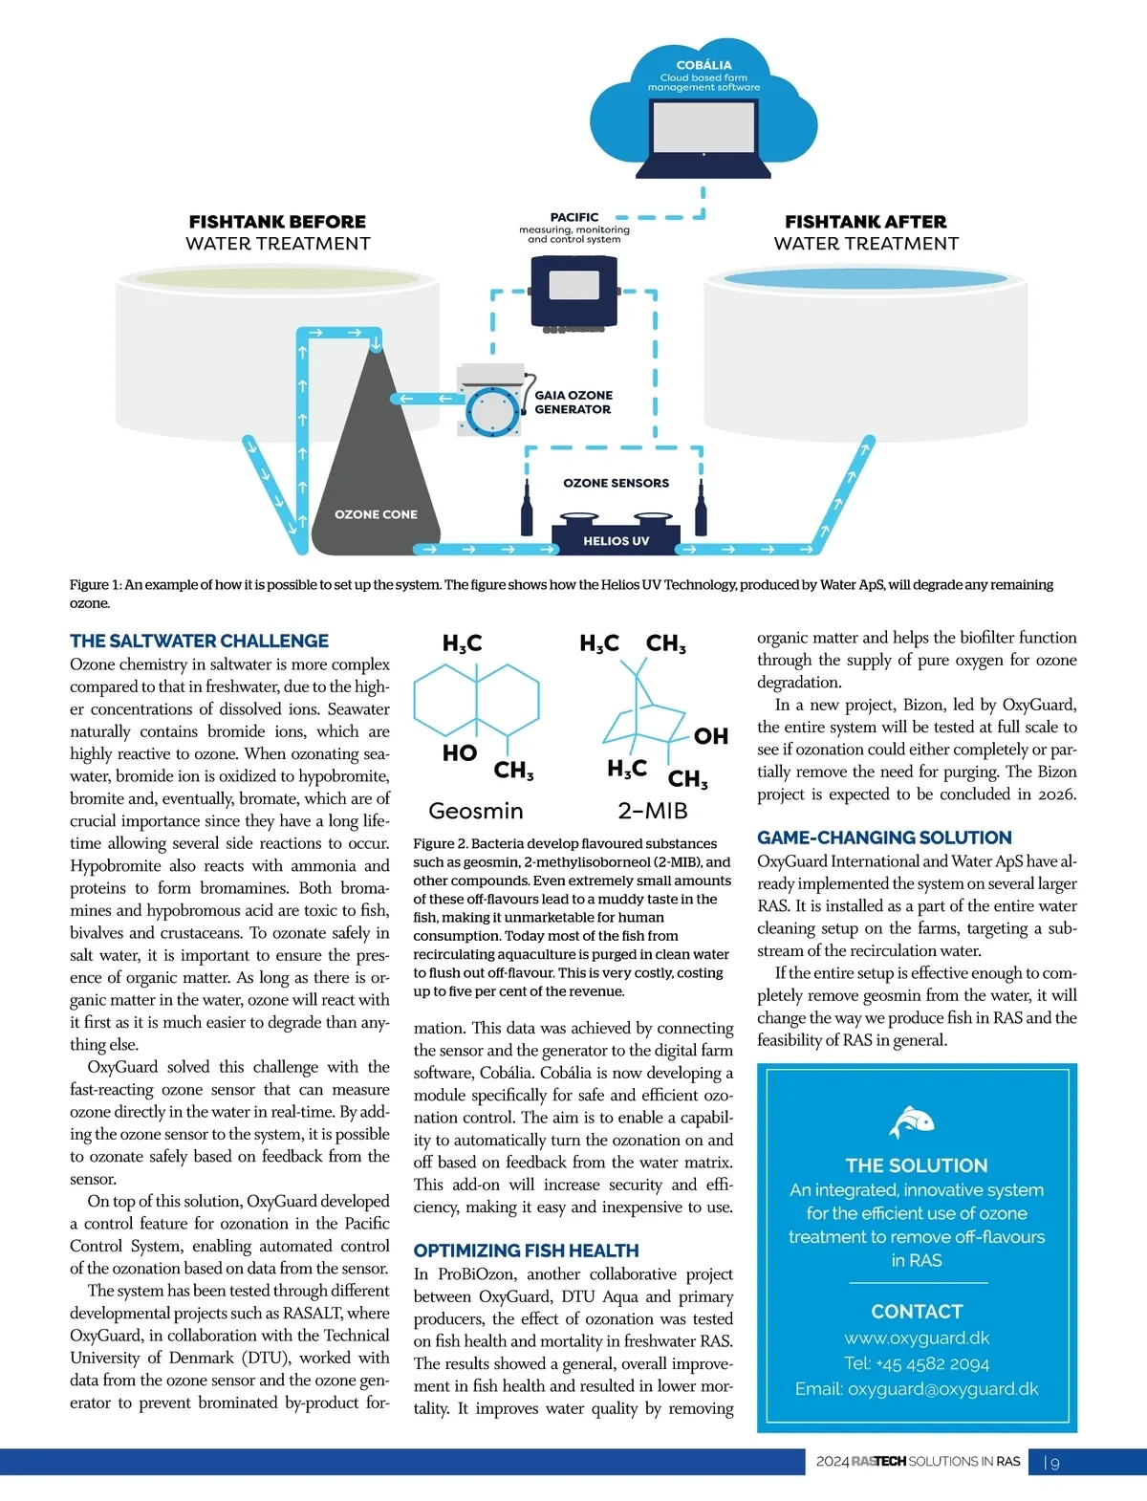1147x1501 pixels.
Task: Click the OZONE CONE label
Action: point(376,514)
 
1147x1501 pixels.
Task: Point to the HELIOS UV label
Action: point(616,541)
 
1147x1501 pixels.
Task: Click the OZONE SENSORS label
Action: point(616,483)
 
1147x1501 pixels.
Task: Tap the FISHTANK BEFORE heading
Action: point(277,222)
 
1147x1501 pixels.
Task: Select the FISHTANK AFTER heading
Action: point(866,222)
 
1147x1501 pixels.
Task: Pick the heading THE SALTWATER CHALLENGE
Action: point(199,642)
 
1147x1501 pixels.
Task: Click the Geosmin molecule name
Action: point(476,811)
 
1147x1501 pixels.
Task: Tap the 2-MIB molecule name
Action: point(653,811)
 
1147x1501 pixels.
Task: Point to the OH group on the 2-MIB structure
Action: point(711,736)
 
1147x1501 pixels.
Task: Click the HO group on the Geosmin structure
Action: point(459,753)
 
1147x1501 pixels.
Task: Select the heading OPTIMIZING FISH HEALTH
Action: point(526,1251)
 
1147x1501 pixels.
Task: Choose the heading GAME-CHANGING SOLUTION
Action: point(884,838)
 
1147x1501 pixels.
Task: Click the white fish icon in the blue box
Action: point(912,1121)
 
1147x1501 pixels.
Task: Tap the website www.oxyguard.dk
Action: point(917,1338)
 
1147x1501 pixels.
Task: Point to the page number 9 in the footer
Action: point(1054,1463)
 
